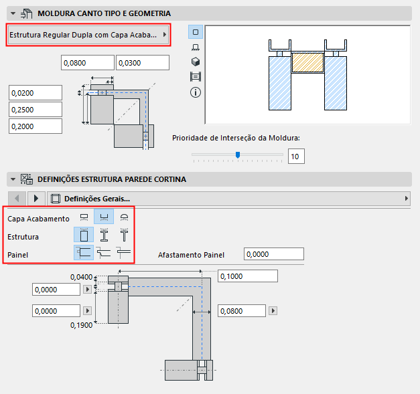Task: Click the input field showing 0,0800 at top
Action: [x=88, y=63]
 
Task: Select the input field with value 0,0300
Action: [x=142, y=63]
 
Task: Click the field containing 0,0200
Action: [x=35, y=93]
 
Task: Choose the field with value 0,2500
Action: [x=35, y=109]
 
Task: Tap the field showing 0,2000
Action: [x=35, y=126]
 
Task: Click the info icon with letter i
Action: [x=196, y=92]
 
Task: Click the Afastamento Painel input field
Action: [x=274, y=254]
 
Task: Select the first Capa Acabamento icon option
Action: [x=84, y=218]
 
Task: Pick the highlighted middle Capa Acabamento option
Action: [x=104, y=218]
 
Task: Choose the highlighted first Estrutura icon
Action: [x=84, y=235]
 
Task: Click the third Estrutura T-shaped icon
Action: [x=124, y=235]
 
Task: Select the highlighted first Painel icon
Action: [x=84, y=252]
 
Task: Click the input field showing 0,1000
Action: [x=247, y=276]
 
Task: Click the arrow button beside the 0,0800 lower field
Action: [x=272, y=311]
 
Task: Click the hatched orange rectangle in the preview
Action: [x=308, y=64]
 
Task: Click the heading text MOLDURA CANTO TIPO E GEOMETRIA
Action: [x=104, y=13]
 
